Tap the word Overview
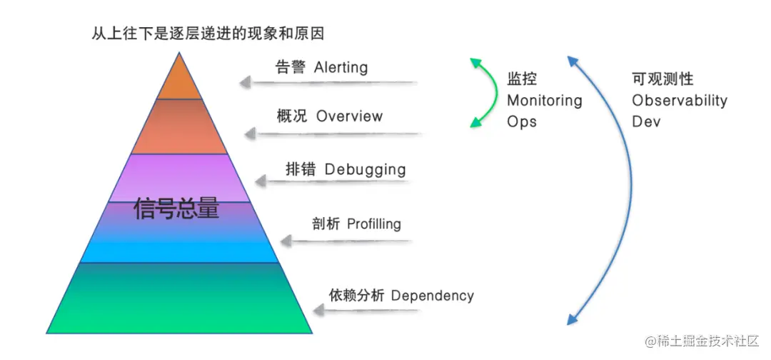point(349,116)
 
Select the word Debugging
point(365,170)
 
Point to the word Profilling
point(374,224)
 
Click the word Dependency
point(433,296)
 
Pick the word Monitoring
point(544,101)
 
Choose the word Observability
point(679,101)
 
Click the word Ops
point(521,121)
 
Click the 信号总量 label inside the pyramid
point(176,209)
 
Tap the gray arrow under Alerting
point(328,84)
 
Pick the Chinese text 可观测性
point(662,79)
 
